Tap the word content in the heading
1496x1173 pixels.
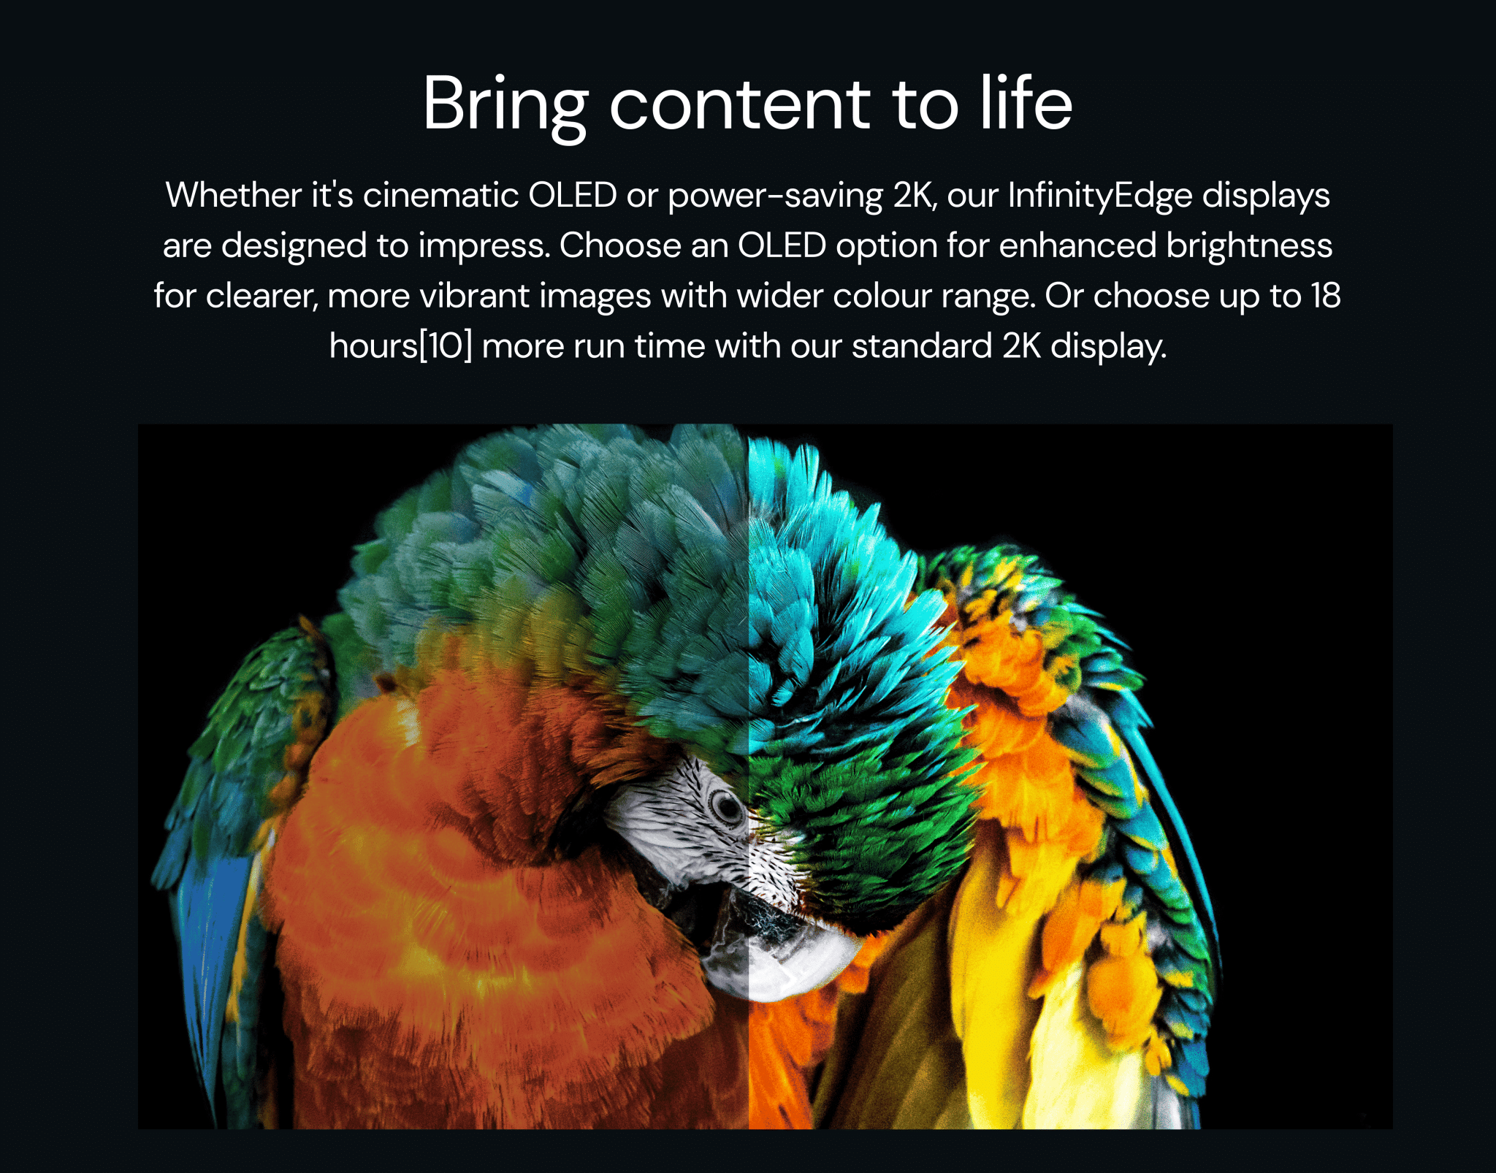pos(740,104)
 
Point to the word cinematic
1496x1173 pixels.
pos(440,195)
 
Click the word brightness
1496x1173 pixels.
pos(1249,245)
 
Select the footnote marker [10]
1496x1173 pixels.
pos(446,346)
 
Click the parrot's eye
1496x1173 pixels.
pos(727,806)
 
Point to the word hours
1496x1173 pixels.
pos(373,346)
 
